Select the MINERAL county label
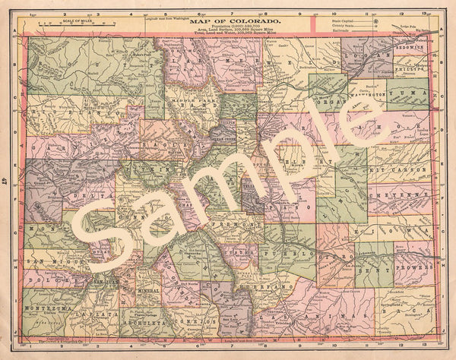pos(148,291)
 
